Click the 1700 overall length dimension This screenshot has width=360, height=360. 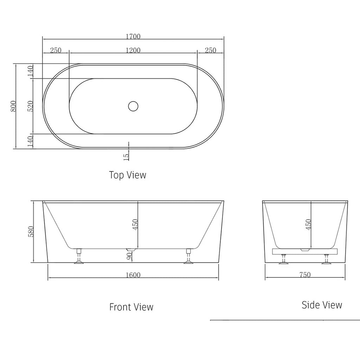tap(133, 37)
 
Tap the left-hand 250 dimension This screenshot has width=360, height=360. tap(56, 50)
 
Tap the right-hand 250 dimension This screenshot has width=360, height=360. tap(210, 50)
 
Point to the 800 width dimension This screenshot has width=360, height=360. tap(13, 106)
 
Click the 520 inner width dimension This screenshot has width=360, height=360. tap(30, 106)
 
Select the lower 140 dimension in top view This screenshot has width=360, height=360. tap(30, 141)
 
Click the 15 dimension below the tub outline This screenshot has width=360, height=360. tap(126, 155)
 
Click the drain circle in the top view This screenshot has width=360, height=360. tap(133, 106)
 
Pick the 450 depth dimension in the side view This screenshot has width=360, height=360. tap(308, 224)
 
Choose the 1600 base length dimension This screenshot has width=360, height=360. tap(133, 275)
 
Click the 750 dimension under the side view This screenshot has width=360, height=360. tap(305, 275)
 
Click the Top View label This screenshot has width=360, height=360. tap(127, 175)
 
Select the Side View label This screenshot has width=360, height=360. tap(322, 305)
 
